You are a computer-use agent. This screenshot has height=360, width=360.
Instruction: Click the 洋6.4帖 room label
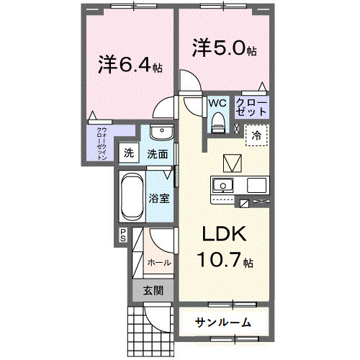pos(130,65)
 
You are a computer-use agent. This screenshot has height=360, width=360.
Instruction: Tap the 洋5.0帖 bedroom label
pos(223,48)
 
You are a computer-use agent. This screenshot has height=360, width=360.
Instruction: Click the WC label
pos(218,103)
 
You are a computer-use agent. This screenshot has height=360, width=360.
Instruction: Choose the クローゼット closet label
pos(253,109)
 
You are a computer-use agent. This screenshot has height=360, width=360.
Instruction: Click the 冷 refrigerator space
pos(256,135)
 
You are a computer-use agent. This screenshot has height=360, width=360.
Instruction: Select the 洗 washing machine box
pos(129,153)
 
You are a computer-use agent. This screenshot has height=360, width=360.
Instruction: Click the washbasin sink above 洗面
pos(161,135)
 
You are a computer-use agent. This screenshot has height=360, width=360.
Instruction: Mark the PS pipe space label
pos(122,234)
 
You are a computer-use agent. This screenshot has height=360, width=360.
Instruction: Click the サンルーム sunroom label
pos(222,322)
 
